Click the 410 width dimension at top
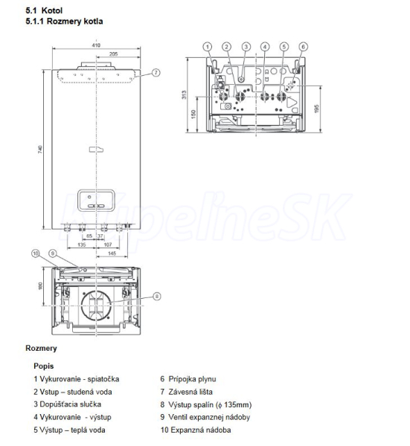point(96,45)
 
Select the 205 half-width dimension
point(113,54)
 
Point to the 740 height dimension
point(40,149)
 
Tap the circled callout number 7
point(156,73)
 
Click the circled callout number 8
point(156,297)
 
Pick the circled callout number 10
point(35,253)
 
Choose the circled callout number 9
point(53,253)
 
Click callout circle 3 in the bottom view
point(246,47)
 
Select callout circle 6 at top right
point(303,47)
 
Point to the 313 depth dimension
point(184,94)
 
